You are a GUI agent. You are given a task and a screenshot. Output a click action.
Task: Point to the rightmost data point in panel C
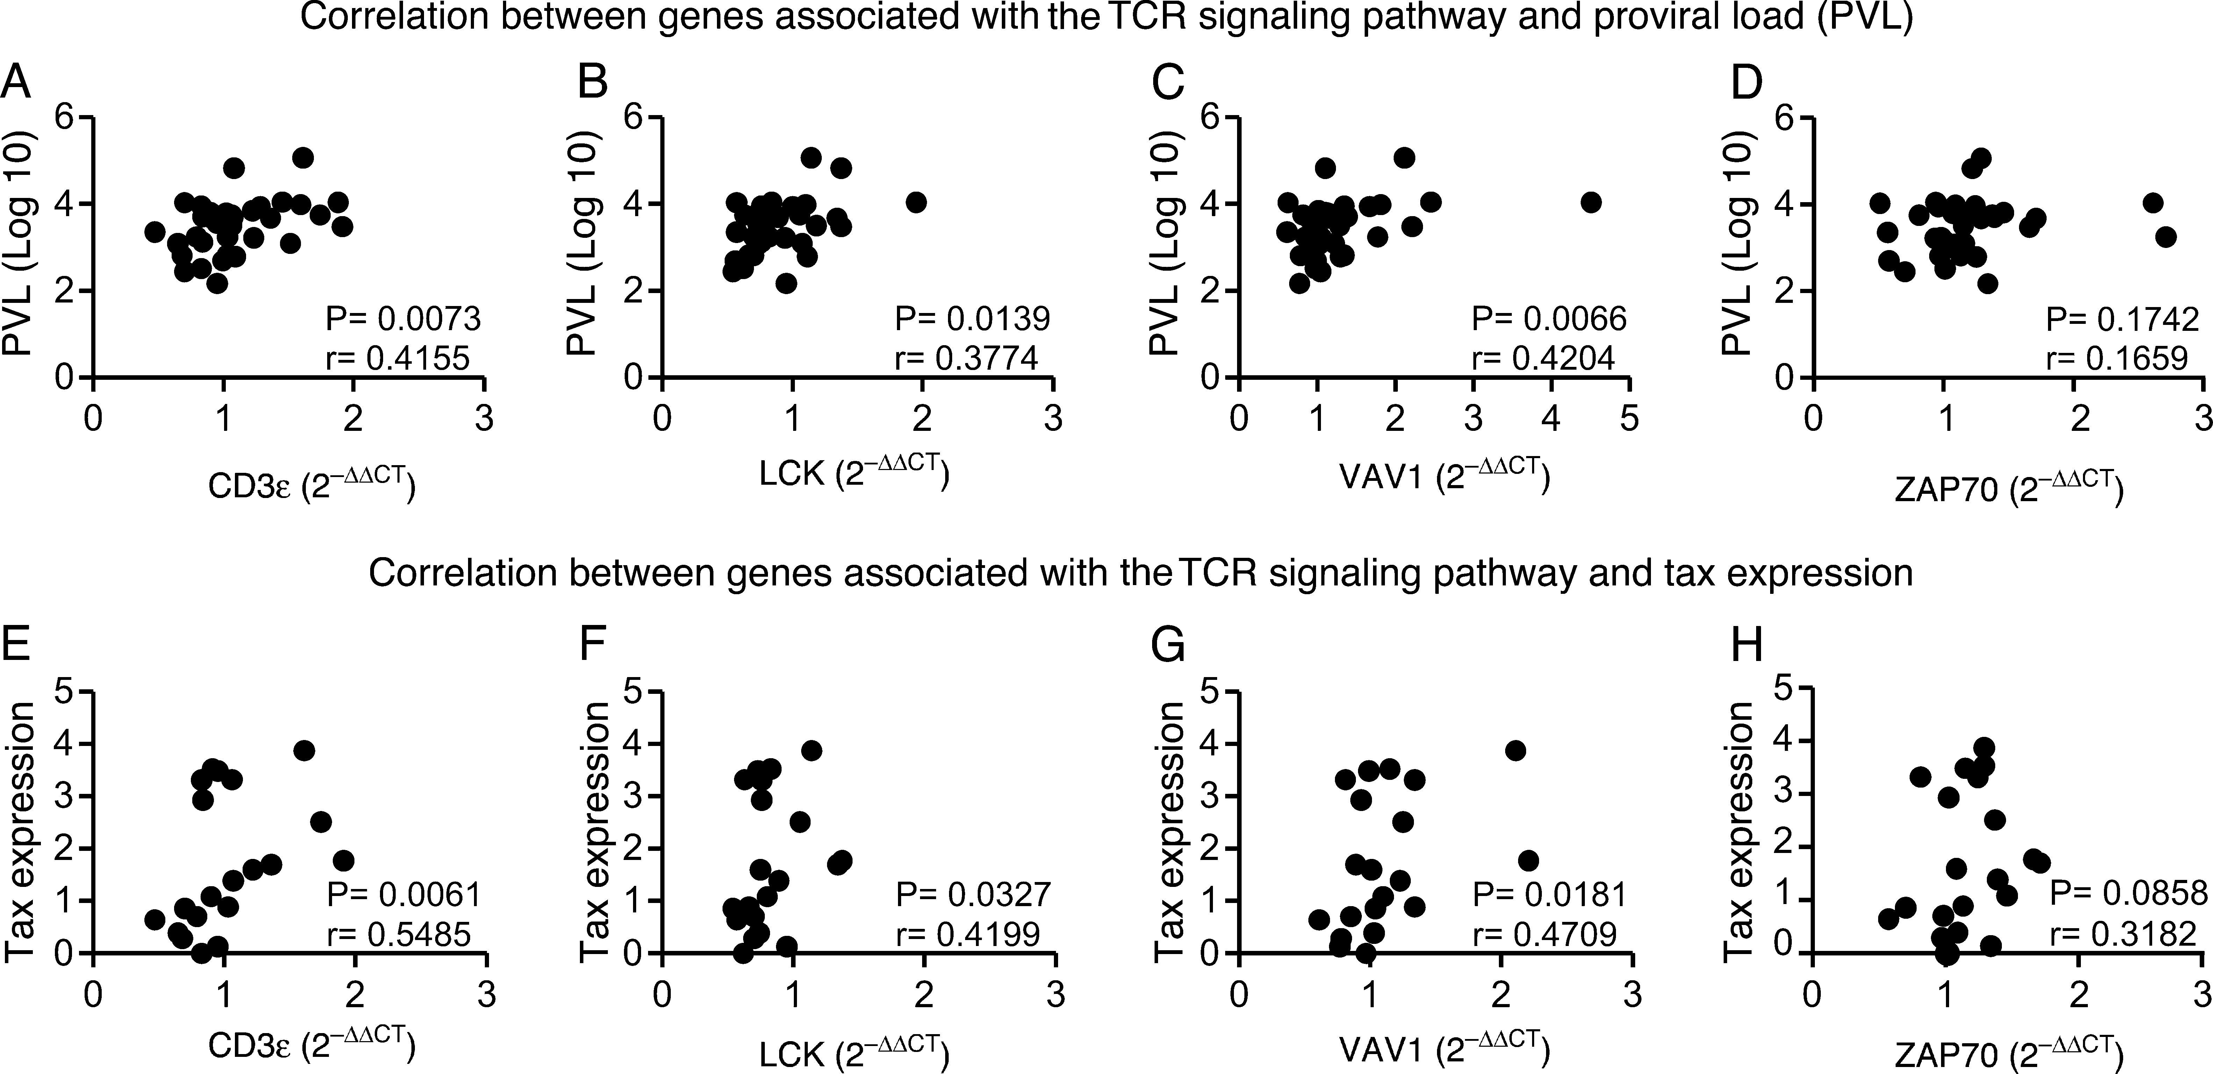[x=1591, y=202]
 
